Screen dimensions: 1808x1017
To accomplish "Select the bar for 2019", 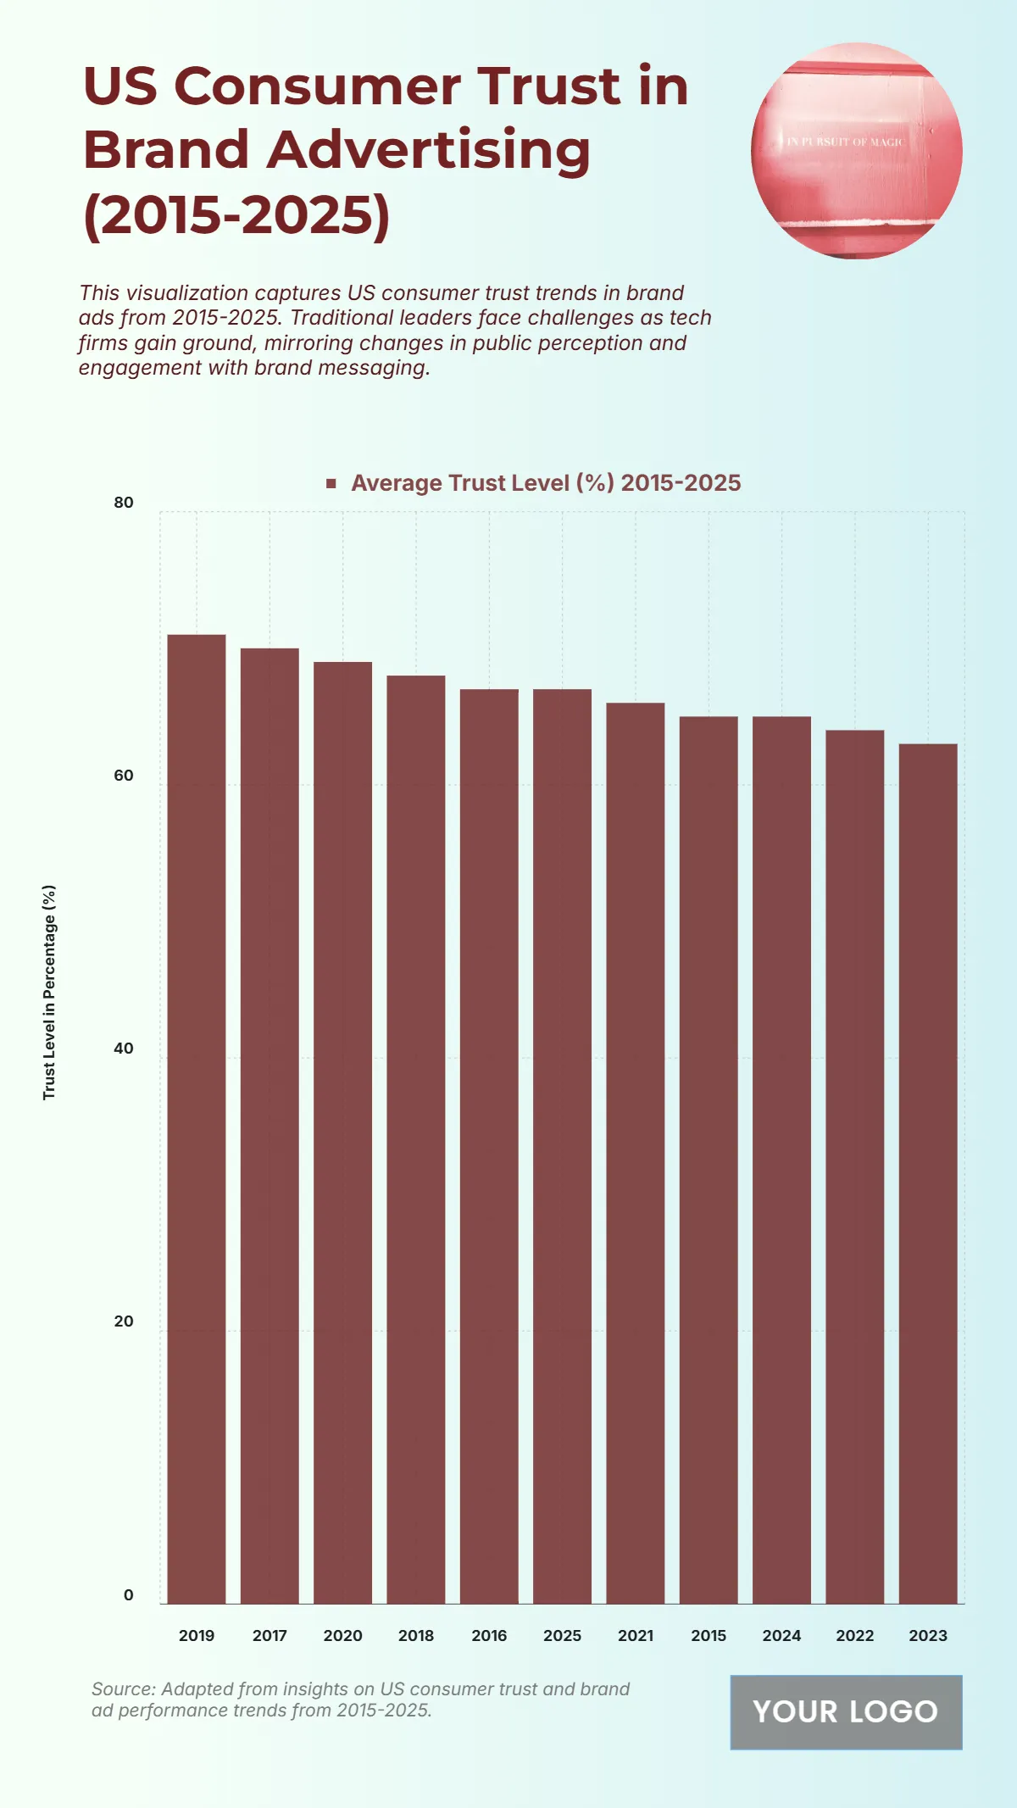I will click(x=197, y=1119).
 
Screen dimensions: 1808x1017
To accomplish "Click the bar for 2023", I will click(x=928, y=1174).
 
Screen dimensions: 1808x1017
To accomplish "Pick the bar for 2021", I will click(x=636, y=1153).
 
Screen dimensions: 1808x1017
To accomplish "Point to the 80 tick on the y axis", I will click(x=124, y=503).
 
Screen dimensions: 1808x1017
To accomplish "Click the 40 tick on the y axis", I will click(x=124, y=1049).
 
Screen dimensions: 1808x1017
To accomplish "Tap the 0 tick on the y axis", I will click(x=128, y=1595).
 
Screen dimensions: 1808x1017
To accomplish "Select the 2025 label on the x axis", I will click(x=562, y=1636).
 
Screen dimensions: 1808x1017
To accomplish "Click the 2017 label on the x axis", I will click(x=270, y=1636).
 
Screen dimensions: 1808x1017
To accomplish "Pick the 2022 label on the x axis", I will click(x=854, y=1636).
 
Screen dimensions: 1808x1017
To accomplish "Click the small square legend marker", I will click(x=331, y=483).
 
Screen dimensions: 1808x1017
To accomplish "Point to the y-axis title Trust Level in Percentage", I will click(x=49, y=992).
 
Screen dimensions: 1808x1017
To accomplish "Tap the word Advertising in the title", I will click(x=428, y=150).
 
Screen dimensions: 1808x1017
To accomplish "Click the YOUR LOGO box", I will click(x=846, y=1711).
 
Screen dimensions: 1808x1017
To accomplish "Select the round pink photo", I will click(x=856, y=151).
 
